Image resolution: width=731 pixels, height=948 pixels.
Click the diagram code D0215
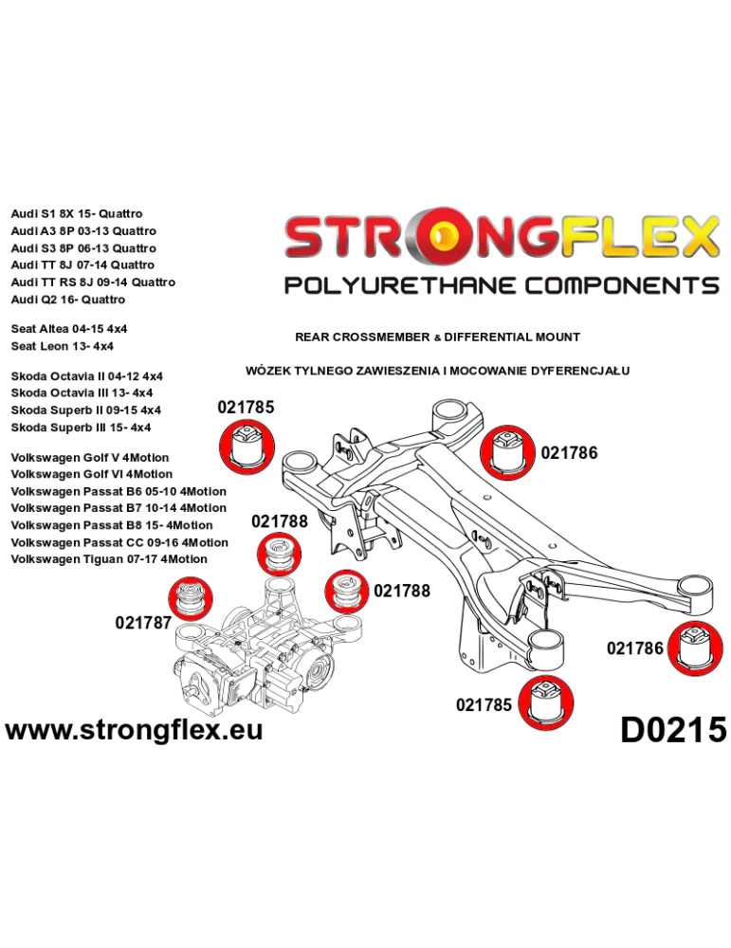click(673, 729)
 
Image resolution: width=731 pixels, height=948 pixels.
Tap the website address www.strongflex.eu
click(135, 729)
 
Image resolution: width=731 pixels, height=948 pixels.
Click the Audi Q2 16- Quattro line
click(67, 300)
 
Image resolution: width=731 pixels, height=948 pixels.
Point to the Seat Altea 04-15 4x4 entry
click(69, 329)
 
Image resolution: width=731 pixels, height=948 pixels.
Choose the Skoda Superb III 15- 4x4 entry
click(81, 428)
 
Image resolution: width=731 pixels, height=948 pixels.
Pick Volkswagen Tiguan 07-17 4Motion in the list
click(109, 559)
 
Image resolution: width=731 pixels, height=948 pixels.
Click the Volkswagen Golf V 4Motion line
click(89, 458)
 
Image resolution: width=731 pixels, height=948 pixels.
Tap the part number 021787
click(143, 622)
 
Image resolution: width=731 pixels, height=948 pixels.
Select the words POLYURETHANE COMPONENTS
click(502, 285)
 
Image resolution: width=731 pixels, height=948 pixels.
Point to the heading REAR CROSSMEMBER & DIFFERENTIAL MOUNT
click(437, 337)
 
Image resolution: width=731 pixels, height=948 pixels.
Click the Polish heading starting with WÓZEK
click(437, 371)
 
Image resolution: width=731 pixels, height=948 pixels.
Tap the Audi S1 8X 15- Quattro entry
click(77, 213)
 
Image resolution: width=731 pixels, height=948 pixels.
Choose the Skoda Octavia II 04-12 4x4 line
click(86, 376)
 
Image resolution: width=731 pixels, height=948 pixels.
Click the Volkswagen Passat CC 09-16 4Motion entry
click(119, 542)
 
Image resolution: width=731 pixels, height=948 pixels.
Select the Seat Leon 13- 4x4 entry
click(62, 346)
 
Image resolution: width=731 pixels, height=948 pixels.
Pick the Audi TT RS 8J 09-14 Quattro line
click(93, 283)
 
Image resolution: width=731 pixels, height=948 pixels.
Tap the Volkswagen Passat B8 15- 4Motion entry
click(112, 525)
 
